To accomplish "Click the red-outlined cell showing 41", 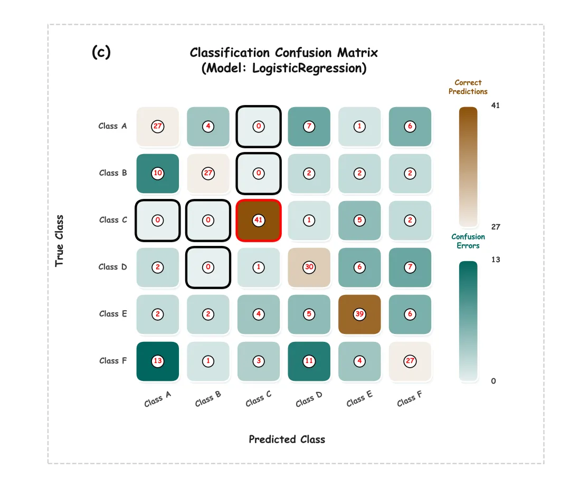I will coord(258,220).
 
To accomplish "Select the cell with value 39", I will coord(359,314).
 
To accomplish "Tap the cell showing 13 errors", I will coord(157,361).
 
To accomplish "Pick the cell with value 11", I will coord(309,361).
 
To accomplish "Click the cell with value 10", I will coord(157,173).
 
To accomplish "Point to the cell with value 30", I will coord(309,267).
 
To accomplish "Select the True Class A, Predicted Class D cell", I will coord(309,126).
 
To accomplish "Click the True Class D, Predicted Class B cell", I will coord(208,267).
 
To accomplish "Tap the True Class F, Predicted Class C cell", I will coord(258,361).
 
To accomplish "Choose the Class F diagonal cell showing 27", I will coord(410,361).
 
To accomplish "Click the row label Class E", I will coord(113,314).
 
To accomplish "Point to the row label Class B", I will coord(113,173).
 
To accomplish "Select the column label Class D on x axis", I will coord(309,399).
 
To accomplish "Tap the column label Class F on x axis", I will coord(410,399).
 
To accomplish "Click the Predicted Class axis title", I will coord(287,439).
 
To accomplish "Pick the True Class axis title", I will coord(59,240).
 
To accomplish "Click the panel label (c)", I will coord(101,52).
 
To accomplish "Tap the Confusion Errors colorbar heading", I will coord(468,241).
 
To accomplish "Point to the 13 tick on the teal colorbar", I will coord(495,260).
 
